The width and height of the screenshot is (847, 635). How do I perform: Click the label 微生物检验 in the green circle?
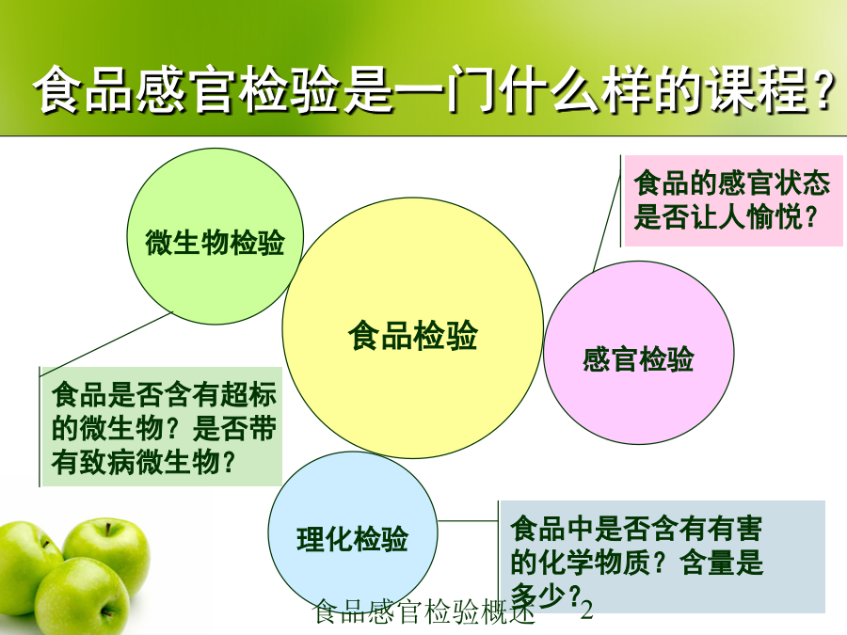pyautogui.click(x=215, y=243)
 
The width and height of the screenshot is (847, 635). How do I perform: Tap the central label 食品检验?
pyautogui.click(x=413, y=335)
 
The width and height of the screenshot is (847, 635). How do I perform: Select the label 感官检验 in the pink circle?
pyautogui.click(x=638, y=359)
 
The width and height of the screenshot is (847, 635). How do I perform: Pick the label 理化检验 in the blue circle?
pyautogui.click(x=352, y=539)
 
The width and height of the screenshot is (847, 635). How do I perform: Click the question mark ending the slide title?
pyautogui.click(x=823, y=90)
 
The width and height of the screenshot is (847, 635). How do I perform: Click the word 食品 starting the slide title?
pyautogui.click(x=83, y=89)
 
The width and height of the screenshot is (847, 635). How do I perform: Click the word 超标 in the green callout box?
pyautogui.click(x=249, y=393)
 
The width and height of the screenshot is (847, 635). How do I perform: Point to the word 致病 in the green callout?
pyautogui.click(x=108, y=462)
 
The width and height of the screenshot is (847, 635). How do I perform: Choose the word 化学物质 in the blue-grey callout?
pyautogui.click(x=595, y=563)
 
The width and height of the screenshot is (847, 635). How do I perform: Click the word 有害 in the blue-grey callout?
pyautogui.click(x=735, y=528)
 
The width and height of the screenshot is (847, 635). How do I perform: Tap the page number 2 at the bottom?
pyautogui.click(x=586, y=611)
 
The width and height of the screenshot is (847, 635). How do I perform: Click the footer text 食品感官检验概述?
pyautogui.click(x=423, y=611)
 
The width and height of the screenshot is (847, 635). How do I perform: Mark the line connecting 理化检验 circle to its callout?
pyautogui.click(x=468, y=521)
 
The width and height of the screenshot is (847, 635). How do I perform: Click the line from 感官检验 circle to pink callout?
pyautogui.click(x=607, y=214)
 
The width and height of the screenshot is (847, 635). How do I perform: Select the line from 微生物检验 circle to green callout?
pyautogui.click(x=106, y=344)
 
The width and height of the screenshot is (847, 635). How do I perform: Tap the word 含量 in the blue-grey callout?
pyautogui.click(x=708, y=563)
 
